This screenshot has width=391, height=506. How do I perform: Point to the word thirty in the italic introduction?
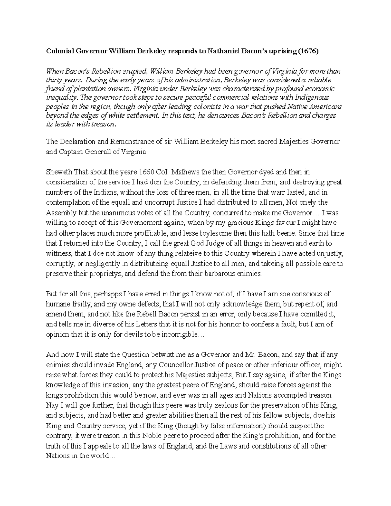53,80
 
